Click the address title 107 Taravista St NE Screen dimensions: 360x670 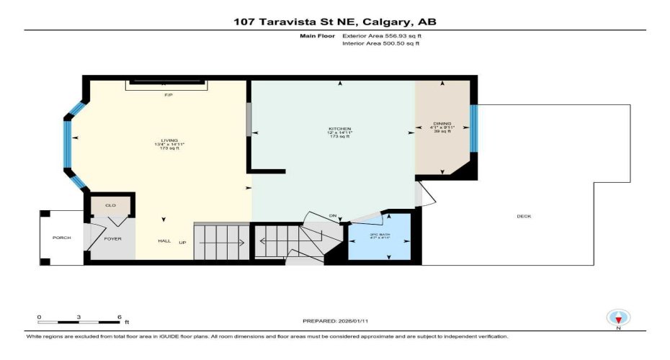[x=334, y=22]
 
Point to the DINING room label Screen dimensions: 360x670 [x=442, y=123]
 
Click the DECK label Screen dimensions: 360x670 [x=524, y=217]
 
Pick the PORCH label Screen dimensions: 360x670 [x=61, y=238]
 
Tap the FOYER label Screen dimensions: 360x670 [x=114, y=238]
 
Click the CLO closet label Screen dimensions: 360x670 [x=110, y=206]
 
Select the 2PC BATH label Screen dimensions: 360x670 [x=380, y=235]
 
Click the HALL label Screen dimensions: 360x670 [x=164, y=241]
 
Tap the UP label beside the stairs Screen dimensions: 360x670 [x=183, y=242]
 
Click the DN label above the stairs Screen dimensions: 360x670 [x=332, y=216]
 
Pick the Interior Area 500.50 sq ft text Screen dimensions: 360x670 [x=381, y=44]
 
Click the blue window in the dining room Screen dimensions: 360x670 [x=473, y=129]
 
